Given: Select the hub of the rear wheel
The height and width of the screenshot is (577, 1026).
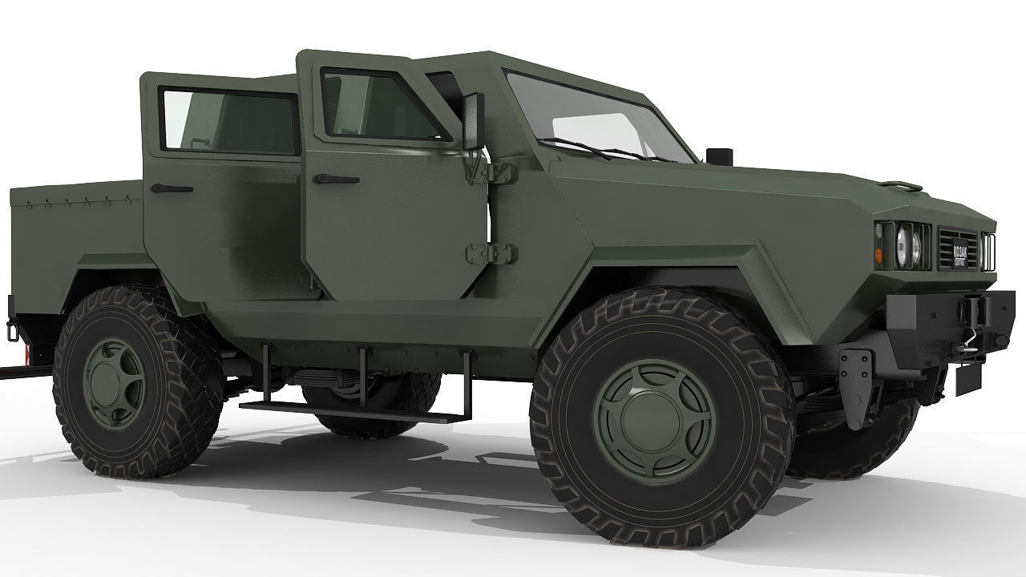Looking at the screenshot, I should tap(115, 382).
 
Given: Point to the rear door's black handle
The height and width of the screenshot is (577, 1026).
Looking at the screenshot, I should tap(172, 188).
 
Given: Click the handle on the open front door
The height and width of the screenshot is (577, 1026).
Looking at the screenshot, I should tap(336, 178).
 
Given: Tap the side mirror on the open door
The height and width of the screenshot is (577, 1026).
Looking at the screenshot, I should tap(473, 121).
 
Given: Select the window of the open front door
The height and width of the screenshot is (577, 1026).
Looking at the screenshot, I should tap(377, 107).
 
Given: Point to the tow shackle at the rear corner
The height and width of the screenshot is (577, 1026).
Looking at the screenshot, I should tap(11, 329).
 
